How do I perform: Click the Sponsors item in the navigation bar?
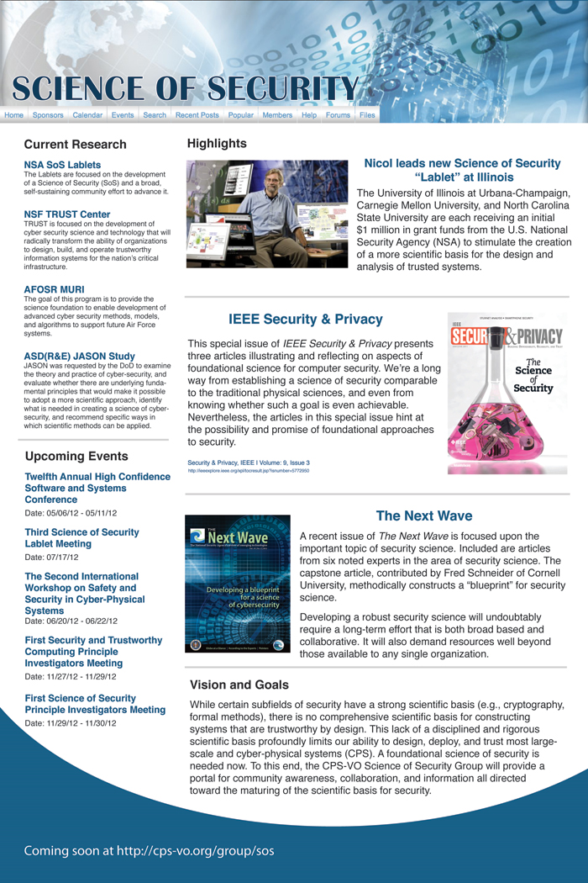pyautogui.click(x=48, y=115)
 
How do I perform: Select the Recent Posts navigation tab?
pyautogui.click(x=197, y=115)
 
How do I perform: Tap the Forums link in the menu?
pyautogui.click(x=338, y=115)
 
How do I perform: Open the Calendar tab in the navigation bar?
pyautogui.click(x=87, y=115)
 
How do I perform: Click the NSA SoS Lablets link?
pyautogui.click(x=62, y=165)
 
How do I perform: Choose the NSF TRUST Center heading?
pyautogui.click(x=67, y=214)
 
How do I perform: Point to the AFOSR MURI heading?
pyautogui.click(x=54, y=288)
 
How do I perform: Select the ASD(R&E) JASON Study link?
pyautogui.click(x=80, y=356)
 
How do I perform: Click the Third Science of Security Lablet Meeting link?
pyautogui.click(x=81, y=537)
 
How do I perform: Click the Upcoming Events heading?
pyautogui.click(x=76, y=457)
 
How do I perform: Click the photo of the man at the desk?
pyautogui.click(x=267, y=214)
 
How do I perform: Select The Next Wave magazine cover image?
pyautogui.click(x=238, y=584)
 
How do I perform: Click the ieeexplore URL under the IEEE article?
pyautogui.click(x=249, y=471)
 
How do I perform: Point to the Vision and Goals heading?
pyautogui.click(x=239, y=685)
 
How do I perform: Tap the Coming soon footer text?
pyautogui.click(x=149, y=850)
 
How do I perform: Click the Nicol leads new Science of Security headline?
pyautogui.click(x=462, y=170)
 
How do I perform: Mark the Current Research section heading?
pyautogui.click(x=75, y=145)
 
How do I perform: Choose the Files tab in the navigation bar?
pyautogui.click(x=367, y=115)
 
